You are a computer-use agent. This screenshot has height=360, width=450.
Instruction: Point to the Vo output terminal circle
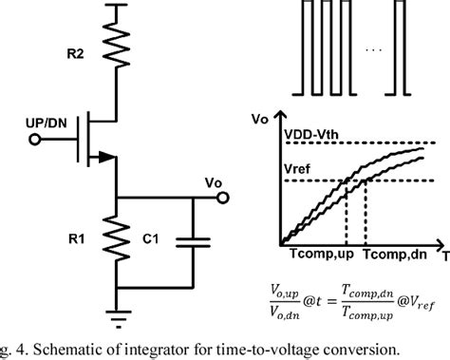click(224, 199)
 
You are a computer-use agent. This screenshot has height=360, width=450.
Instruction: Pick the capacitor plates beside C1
click(193, 241)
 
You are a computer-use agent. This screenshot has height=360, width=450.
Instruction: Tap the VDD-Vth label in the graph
click(317, 133)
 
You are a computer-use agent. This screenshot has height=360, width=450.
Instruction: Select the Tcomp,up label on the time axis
click(320, 256)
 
